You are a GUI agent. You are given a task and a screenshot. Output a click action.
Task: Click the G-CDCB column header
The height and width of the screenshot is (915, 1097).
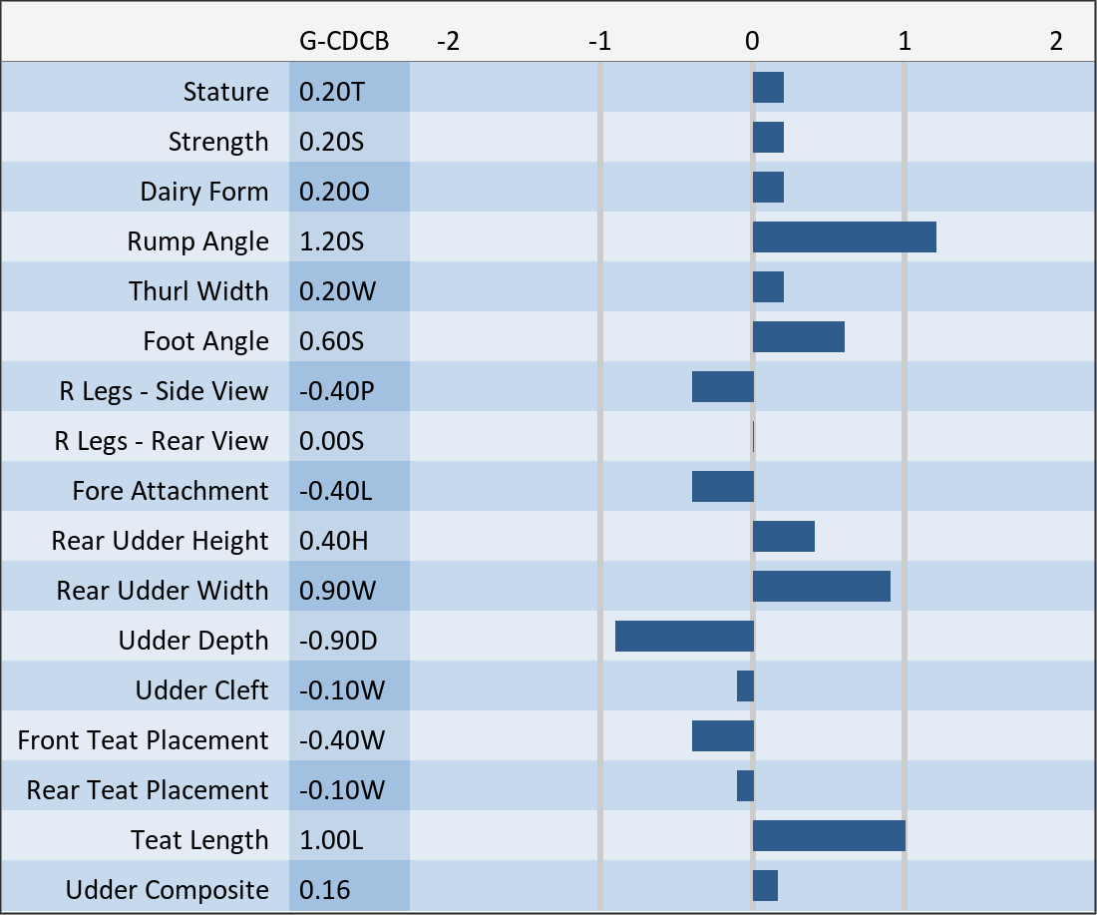click(343, 41)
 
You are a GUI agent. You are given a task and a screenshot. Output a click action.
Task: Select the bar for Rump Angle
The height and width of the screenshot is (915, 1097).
click(845, 236)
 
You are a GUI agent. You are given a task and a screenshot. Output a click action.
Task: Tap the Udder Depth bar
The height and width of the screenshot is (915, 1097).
click(684, 636)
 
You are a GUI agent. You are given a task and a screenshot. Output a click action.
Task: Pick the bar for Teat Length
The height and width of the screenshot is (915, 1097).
click(829, 836)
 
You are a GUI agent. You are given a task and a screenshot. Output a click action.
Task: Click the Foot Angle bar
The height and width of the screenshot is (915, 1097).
click(798, 336)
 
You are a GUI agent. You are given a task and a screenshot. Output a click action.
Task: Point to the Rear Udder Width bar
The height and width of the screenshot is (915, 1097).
click(822, 586)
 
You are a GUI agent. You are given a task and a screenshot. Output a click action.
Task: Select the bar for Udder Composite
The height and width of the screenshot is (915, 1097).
click(765, 886)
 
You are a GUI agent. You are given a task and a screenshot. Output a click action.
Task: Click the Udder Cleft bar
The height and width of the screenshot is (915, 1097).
click(745, 686)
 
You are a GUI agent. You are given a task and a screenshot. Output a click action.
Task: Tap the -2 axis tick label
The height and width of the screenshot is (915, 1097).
click(448, 41)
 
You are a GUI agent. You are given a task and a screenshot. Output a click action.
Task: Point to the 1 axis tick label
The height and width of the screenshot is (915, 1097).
click(905, 41)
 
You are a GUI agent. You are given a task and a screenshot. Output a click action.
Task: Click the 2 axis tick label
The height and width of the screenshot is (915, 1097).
click(1056, 41)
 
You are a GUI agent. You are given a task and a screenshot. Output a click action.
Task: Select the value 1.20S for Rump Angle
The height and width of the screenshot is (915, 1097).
click(332, 241)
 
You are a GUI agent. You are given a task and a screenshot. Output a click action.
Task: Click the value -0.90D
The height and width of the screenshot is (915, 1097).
click(338, 641)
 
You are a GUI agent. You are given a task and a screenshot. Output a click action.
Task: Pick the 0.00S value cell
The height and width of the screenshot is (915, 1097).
click(332, 441)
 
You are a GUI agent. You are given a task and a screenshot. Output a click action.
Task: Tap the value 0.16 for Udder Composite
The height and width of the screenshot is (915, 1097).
click(325, 890)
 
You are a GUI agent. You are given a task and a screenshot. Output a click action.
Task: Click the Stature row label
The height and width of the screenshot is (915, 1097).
click(226, 92)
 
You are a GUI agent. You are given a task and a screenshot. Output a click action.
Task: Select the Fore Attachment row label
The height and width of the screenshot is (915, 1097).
click(170, 491)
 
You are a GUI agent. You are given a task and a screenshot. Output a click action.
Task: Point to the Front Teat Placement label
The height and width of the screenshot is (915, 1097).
click(143, 740)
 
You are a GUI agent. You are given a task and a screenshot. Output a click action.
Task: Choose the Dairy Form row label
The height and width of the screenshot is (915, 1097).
click(204, 192)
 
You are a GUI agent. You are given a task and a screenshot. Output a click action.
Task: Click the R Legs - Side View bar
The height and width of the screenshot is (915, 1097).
click(723, 386)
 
